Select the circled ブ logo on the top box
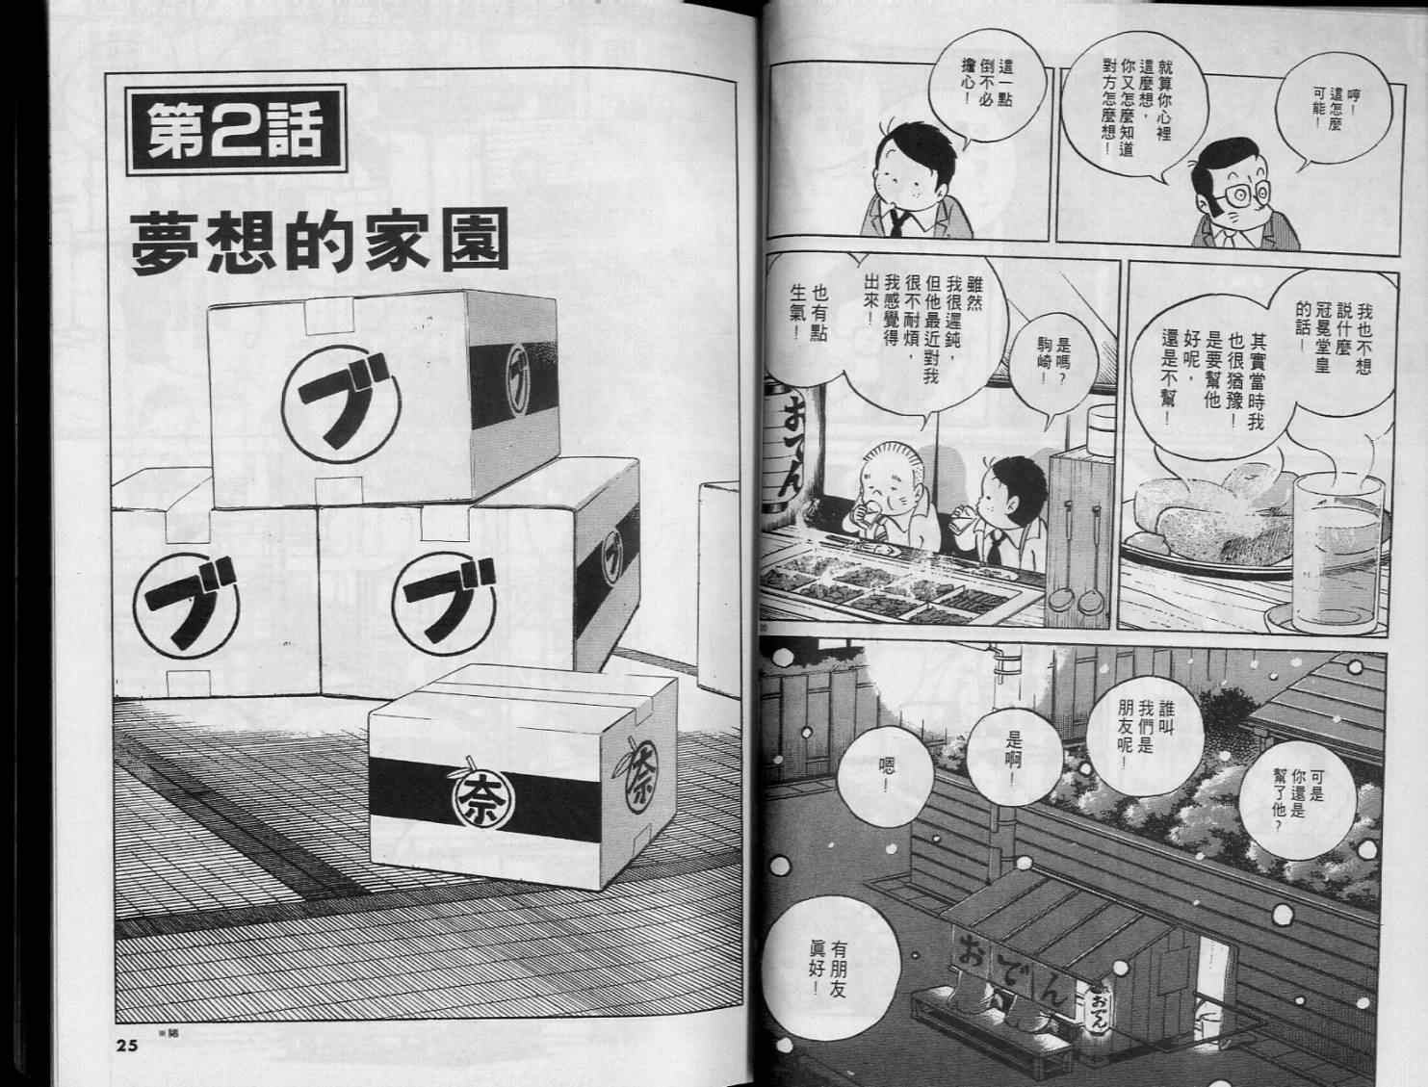click(343, 404)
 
